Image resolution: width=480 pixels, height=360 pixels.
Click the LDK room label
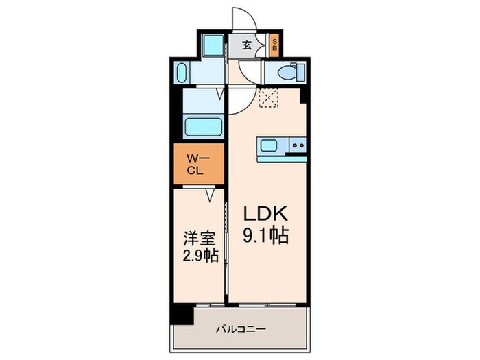[x=265, y=213]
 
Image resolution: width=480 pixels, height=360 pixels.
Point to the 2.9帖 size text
[x=200, y=259]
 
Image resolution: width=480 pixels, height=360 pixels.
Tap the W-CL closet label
[x=197, y=165]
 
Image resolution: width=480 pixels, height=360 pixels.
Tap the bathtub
[x=204, y=128]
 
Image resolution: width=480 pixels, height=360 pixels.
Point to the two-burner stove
[x=298, y=145]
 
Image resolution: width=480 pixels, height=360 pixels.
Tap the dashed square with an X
[x=268, y=99]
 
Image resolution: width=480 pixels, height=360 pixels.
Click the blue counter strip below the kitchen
[x=281, y=158]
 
